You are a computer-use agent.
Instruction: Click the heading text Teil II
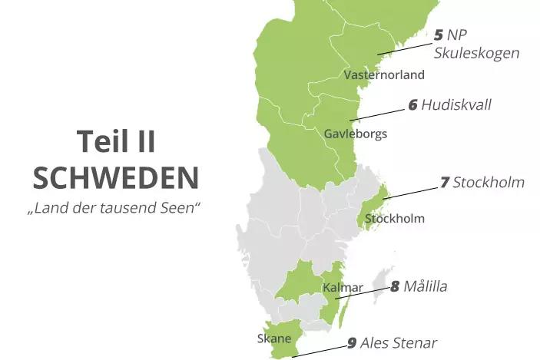(116, 142)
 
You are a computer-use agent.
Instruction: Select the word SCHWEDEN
(116, 177)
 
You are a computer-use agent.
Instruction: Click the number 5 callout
(439, 35)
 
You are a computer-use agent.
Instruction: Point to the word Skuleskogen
(476, 54)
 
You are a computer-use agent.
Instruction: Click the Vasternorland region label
(384, 75)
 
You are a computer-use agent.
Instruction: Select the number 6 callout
(412, 105)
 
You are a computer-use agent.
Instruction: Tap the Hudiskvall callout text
(456, 105)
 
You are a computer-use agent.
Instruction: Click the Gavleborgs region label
(355, 134)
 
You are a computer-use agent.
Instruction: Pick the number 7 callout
(444, 183)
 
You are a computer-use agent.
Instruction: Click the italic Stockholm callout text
(489, 183)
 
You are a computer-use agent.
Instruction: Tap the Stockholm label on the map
(395, 219)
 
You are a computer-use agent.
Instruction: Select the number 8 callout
(395, 287)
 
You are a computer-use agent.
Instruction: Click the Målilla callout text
(425, 287)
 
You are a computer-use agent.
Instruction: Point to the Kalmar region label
(342, 288)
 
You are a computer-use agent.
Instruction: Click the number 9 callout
(352, 343)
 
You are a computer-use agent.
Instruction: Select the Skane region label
(273, 339)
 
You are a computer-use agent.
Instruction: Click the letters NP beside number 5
(459, 35)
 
